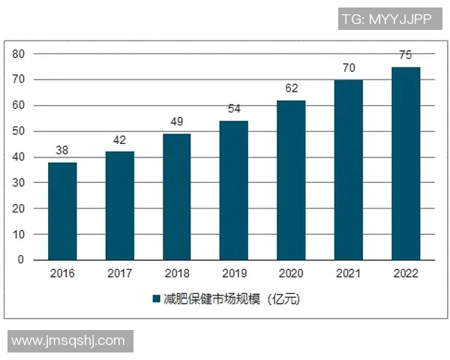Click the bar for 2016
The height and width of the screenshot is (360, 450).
(62, 211)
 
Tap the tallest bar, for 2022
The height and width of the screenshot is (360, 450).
(406, 163)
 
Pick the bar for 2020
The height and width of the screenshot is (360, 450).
(291, 180)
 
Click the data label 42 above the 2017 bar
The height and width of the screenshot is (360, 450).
(120, 139)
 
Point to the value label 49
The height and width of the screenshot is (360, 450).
(177, 121)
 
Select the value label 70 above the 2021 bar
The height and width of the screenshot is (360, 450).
(349, 67)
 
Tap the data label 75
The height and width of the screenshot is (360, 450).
(406, 55)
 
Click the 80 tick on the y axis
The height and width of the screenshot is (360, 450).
(18, 54)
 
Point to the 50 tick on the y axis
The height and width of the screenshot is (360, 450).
(18, 131)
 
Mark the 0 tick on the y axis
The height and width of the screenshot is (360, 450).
(21, 259)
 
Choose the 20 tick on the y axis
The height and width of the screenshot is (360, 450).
(18, 208)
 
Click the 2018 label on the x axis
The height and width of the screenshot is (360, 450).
(177, 274)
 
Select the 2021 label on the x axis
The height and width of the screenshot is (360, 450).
(349, 274)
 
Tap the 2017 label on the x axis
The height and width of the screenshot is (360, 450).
(120, 274)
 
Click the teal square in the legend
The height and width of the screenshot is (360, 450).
(157, 299)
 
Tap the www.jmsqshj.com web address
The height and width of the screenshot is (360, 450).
(68, 340)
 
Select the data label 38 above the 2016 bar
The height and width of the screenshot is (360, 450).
(62, 150)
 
